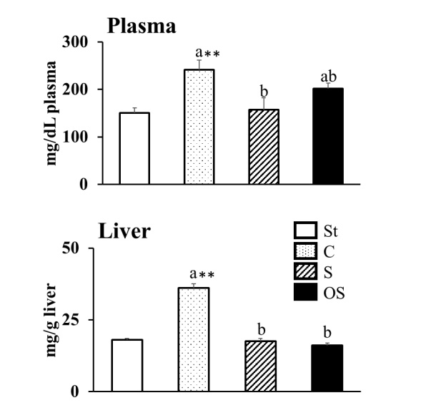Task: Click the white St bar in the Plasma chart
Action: coord(134,148)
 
